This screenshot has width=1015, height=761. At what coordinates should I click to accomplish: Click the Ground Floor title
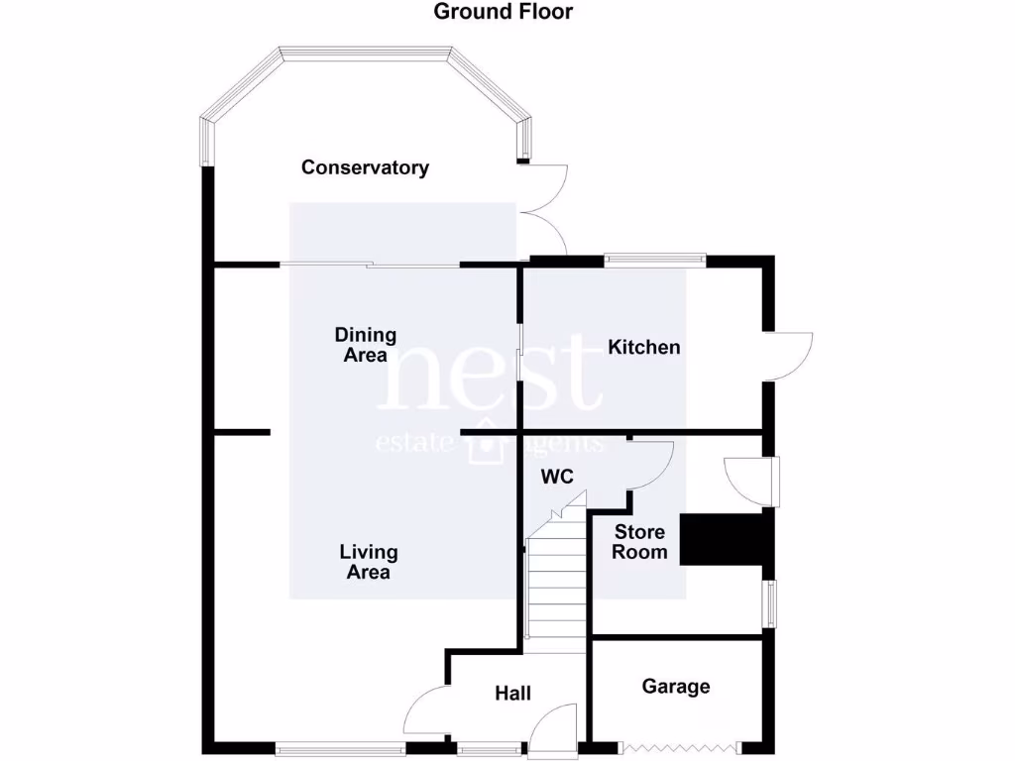pos(504,12)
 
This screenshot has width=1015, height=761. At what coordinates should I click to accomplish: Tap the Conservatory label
pos(365,167)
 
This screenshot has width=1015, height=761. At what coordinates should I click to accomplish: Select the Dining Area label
pos(365,345)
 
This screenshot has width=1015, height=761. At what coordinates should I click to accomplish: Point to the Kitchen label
pos(643,347)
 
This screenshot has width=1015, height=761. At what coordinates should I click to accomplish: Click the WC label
pos(557,477)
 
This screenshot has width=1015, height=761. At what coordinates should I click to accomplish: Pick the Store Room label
pos(639,542)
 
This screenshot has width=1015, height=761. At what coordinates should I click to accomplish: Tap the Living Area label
pos(368,562)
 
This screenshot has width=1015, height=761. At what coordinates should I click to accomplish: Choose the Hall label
pos(512,693)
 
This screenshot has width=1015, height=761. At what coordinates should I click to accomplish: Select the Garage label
pos(676,686)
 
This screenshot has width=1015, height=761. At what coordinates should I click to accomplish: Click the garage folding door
pos(677,745)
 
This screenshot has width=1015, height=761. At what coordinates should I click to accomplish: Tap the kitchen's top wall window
pos(655,260)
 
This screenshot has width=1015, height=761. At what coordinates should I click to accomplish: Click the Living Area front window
pos(340,746)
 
